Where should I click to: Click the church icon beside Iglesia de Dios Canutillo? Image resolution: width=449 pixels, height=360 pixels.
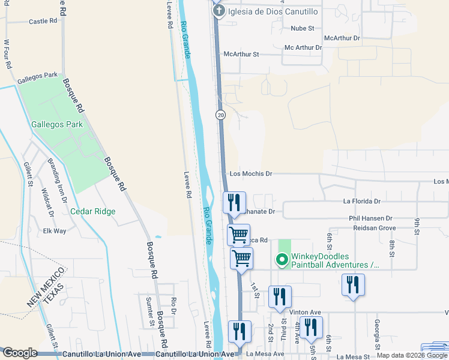pos(219,10)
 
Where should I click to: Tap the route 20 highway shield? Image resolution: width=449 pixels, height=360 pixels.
pos(221,115)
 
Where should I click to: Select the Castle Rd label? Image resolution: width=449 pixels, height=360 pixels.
pos(43,21)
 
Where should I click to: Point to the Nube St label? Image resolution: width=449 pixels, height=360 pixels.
pos(303,28)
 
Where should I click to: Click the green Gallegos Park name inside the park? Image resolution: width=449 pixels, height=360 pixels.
pos(56,125)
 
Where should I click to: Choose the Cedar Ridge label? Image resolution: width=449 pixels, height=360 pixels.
pos(92,211)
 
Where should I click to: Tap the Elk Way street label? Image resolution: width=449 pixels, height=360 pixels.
pos(55,230)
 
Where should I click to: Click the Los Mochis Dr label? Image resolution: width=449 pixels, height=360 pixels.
pos(251,174)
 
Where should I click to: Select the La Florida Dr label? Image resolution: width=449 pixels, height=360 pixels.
pos(361,202)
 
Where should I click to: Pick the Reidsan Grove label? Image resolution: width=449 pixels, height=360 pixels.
pos(374,229)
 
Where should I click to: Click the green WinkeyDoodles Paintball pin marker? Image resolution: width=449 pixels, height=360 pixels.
pos(281,260)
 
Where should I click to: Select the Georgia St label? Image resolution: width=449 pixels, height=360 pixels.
pos(377,334)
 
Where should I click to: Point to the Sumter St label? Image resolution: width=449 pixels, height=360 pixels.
pos(150,311)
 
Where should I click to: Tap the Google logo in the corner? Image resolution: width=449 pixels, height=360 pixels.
pos(19,353)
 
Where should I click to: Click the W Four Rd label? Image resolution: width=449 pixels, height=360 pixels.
pos(8,55)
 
